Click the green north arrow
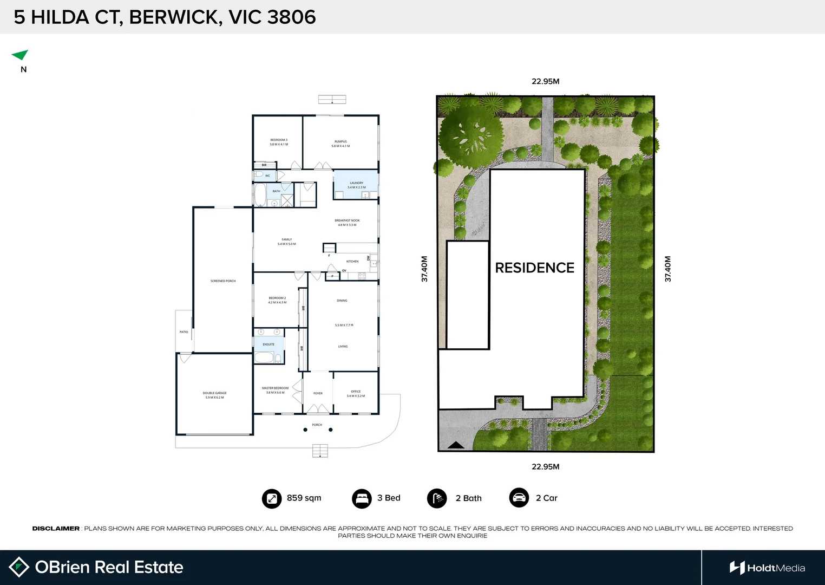coord(21,55)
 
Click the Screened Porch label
coord(223,281)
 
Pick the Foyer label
coord(318,393)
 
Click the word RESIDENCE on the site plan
coord(534,268)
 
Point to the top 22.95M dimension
coord(545,81)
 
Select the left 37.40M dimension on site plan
coord(424,269)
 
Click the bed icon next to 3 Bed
coord(362,498)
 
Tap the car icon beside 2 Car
coord(519,498)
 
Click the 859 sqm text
coord(304,498)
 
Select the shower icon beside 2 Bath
coord(437,498)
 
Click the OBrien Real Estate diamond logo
coord(19,567)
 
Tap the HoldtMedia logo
coord(767,568)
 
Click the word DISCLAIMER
coord(56,528)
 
